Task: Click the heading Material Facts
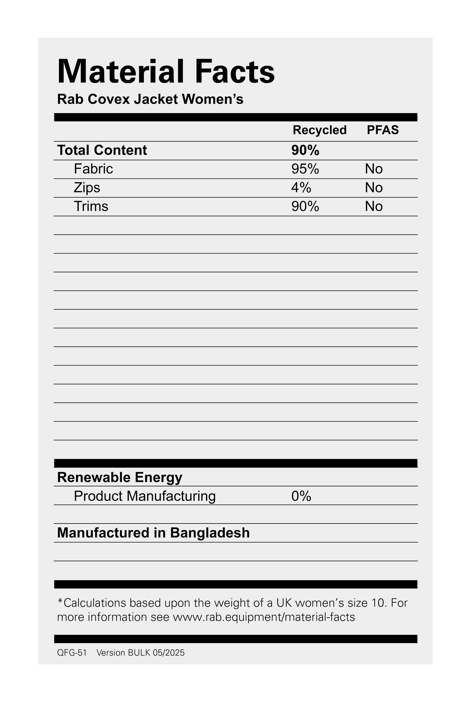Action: pyautogui.click(x=166, y=72)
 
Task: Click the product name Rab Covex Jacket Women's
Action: pyautogui.click(x=150, y=99)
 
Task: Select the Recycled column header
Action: pyautogui.click(x=319, y=130)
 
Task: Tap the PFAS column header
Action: pyautogui.click(x=383, y=130)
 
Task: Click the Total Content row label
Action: pyautogui.click(x=102, y=150)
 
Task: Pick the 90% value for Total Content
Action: pyautogui.click(x=305, y=150)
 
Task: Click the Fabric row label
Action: pyautogui.click(x=93, y=169)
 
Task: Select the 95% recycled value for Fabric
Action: pyautogui.click(x=305, y=169)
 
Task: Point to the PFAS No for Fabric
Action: pyautogui.click(x=374, y=169)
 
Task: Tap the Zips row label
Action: pyautogui.click(x=87, y=188)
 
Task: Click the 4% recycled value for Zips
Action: pyautogui.click(x=301, y=188)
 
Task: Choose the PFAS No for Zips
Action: pyautogui.click(x=374, y=188)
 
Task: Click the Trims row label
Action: pyautogui.click(x=91, y=207)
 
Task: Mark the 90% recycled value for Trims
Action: pyautogui.click(x=305, y=207)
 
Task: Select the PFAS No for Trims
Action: pyautogui.click(x=374, y=207)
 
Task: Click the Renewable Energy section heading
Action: pyautogui.click(x=120, y=477)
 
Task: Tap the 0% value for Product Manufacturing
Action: pyautogui.click(x=301, y=496)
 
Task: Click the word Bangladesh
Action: pyautogui.click(x=210, y=533)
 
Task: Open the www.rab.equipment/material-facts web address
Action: pyautogui.click(x=264, y=617)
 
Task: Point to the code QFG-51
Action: pyautogui.click(x=72, y=653)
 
